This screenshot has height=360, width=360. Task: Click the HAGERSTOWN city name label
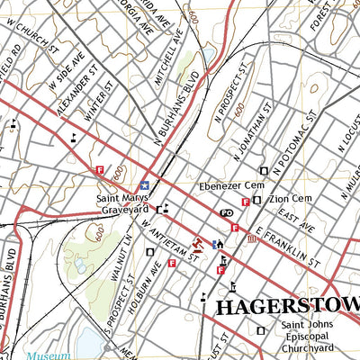(x=286, y=308)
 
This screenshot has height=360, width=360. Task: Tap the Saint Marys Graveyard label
(x=123, y=203)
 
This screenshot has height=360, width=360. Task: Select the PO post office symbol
(x=227, y=212)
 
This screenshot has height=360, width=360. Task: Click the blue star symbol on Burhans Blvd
(x=143, y=175)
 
